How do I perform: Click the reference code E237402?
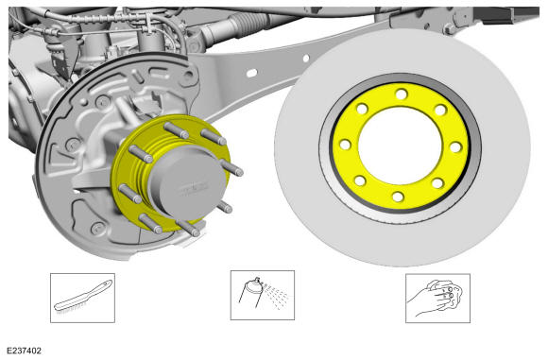25,351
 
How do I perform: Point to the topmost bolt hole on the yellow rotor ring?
402,94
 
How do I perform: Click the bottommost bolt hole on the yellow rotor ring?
398,197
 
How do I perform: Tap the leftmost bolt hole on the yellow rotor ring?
345,145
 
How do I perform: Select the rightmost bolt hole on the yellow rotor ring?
455,147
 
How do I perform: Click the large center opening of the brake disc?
401,146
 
